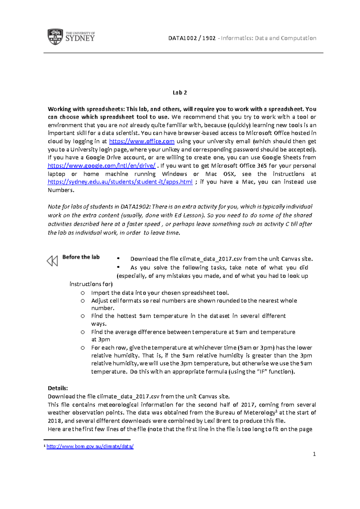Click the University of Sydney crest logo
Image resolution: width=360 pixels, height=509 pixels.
click(55, 37)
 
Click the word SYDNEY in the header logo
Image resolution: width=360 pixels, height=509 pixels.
click(80, 38)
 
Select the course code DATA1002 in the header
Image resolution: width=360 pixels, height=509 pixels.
click(182, 38)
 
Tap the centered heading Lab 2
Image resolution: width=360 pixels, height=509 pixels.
click(180, 92)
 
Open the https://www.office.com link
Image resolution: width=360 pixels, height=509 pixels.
click(142, 141)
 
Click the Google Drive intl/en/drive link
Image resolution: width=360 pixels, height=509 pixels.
click(102, 166)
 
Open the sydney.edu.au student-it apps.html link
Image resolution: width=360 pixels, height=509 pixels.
click(120, 182)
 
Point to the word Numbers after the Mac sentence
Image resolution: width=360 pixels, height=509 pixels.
click(60, 190)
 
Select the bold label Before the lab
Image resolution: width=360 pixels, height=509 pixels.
click(81, 257)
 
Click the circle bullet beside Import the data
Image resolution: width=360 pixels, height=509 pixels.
click(83, 293)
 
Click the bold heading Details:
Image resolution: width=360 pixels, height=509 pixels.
click(58, 388)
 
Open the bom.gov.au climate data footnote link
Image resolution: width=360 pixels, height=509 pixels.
click(90, 446)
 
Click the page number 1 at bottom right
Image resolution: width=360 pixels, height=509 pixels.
click(314, 454)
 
